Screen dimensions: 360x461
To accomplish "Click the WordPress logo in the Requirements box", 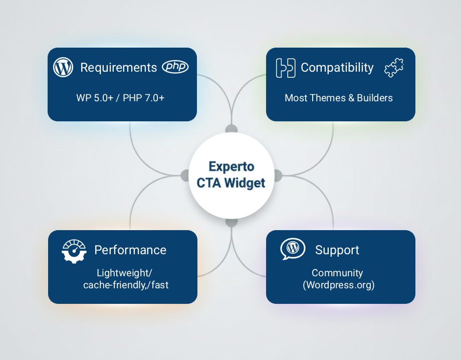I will [x=63, y=67].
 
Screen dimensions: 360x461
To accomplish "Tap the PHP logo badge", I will [x=175, y=67].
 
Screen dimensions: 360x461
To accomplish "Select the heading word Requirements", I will [x=118, y=67].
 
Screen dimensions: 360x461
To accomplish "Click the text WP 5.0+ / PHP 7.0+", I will [x=120, y=98].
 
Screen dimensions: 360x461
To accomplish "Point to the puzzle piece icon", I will [x=394, y=67].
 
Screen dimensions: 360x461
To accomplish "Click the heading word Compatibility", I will [x=337, y=67].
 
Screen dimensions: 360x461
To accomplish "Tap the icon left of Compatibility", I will [x=286, y=68].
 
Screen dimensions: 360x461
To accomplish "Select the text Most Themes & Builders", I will [x=339, y=98].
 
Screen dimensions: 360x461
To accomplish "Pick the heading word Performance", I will [x=130, y=250].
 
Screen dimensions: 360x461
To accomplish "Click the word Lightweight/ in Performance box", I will [x=125, y=273].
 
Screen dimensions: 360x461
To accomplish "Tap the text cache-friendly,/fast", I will [x=126, y=285].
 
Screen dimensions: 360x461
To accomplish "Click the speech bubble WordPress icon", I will [x=293, y=249].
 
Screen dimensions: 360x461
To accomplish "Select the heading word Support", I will [x=337, y=250].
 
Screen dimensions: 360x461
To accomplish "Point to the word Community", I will [x=337, y=273].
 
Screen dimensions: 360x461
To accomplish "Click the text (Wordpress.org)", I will [x=338, y=285].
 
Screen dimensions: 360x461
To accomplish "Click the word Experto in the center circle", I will [x=231, y=166].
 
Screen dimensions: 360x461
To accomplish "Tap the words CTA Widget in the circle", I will [x=231, y=183].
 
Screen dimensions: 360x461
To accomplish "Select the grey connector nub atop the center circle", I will [x=231, y=129].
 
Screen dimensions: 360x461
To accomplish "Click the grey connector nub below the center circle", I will [x=231, y=221].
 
